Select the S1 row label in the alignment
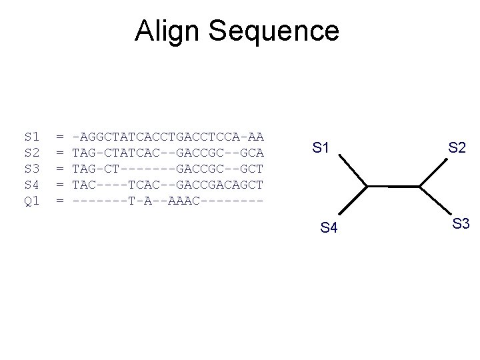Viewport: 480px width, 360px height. point(31,137)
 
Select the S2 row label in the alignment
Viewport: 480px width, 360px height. point(31,153)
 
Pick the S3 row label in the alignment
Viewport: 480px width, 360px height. point(31,169)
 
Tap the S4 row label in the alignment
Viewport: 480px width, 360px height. point(31,185)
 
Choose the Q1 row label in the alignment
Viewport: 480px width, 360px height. point(31,201)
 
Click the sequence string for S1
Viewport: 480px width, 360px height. point(168,137)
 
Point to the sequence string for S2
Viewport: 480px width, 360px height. point(168,153)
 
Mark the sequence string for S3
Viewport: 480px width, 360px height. point(168,169)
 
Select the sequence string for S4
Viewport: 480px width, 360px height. point(168,185)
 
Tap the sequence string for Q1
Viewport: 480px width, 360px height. point(168,201)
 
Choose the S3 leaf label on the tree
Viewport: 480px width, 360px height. point(461,224)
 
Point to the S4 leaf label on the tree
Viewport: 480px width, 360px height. point(329,229)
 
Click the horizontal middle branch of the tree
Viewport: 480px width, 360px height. point(393,185)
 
